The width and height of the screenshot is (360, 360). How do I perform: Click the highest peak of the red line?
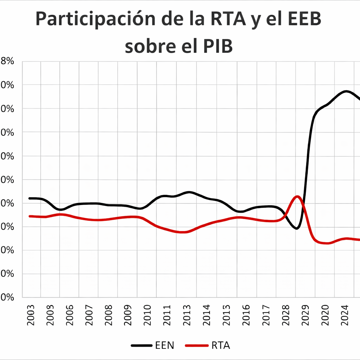coord(297,197)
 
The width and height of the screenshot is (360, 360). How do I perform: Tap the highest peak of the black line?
coord(346,91)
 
